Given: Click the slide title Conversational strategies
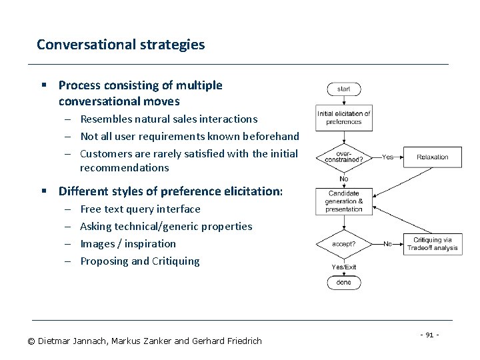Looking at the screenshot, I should (x=121, y=45).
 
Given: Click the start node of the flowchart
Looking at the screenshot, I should (x=343, y=89).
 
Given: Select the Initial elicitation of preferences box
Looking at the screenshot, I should (x=343, y=118).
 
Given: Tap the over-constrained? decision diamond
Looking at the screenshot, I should (x=343, y=157).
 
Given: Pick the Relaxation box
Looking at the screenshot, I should (x=433, y=157).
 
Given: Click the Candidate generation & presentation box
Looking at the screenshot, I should (x=343, y=201).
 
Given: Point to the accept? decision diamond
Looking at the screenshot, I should (x=343, y=244).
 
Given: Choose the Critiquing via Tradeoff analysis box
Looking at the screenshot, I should (x=433, y=244).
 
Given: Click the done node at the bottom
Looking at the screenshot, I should (x=343, y=282).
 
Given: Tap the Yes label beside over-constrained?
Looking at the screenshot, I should (x=387, y=157).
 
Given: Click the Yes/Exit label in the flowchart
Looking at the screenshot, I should (x=344, y=267).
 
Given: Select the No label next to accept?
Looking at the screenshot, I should (x=387, y=244).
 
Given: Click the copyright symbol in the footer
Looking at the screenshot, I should (x=31, y=341).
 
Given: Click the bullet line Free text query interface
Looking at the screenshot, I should (x=140, y=209).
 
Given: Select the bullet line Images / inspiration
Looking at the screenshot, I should (x=128, y=243).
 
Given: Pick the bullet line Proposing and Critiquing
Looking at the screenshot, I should (x=139, y=261).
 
